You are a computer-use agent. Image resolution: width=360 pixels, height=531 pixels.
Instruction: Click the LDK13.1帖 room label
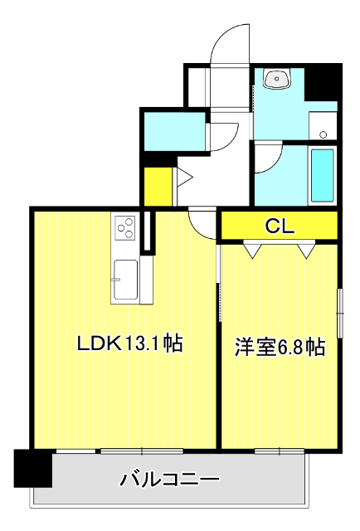pos(130,343)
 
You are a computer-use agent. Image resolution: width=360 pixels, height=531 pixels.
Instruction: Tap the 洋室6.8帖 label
pos(280,347)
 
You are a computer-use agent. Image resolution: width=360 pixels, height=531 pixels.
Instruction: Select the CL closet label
pos(280,226)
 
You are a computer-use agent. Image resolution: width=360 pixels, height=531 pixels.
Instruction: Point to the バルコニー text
pos(170,480)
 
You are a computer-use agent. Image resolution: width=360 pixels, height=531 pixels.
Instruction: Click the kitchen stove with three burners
pos(125,228)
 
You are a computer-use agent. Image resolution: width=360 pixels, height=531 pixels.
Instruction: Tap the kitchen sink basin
pos(125,280)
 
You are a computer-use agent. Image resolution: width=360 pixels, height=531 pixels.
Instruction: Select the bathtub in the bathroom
pos(322,175)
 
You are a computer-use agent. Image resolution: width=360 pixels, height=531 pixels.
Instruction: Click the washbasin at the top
pos(277,79)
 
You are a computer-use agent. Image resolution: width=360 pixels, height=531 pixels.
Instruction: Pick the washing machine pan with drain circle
pos(323,125)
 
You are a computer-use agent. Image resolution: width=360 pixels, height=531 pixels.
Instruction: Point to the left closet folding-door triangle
pos(253,250)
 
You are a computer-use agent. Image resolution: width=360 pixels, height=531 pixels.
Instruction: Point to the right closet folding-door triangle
pos(306,250)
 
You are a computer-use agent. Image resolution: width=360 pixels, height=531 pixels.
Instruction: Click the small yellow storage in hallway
pos(158,186)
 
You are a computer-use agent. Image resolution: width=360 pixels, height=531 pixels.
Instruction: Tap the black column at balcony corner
pos(33,468)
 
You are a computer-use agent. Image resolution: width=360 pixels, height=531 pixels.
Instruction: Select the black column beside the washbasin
pos(323,82)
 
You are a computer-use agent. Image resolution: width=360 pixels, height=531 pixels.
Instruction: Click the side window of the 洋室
pos(340,313)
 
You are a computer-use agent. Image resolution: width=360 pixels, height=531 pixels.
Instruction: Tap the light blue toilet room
pos(175,131)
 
